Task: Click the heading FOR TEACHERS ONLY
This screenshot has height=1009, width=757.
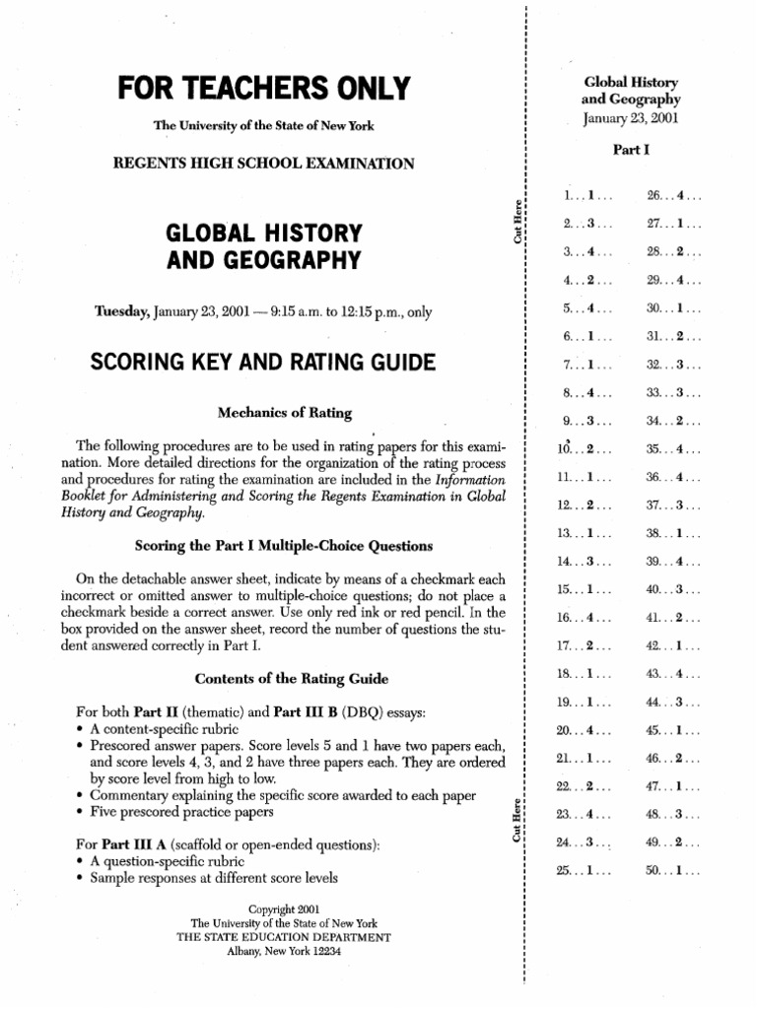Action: tap(263, 89)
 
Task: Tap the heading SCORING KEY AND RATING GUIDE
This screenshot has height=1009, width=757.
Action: tap(262, 363)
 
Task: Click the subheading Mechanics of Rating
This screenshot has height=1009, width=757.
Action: tap(268, 411)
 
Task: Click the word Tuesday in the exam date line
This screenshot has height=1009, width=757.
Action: tap(122, 311)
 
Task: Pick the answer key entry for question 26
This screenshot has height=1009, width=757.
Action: tap(673, 194)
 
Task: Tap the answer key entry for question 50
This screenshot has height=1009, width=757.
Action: tap(673, 872)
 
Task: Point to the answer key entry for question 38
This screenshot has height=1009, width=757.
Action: tap(673, 533)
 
